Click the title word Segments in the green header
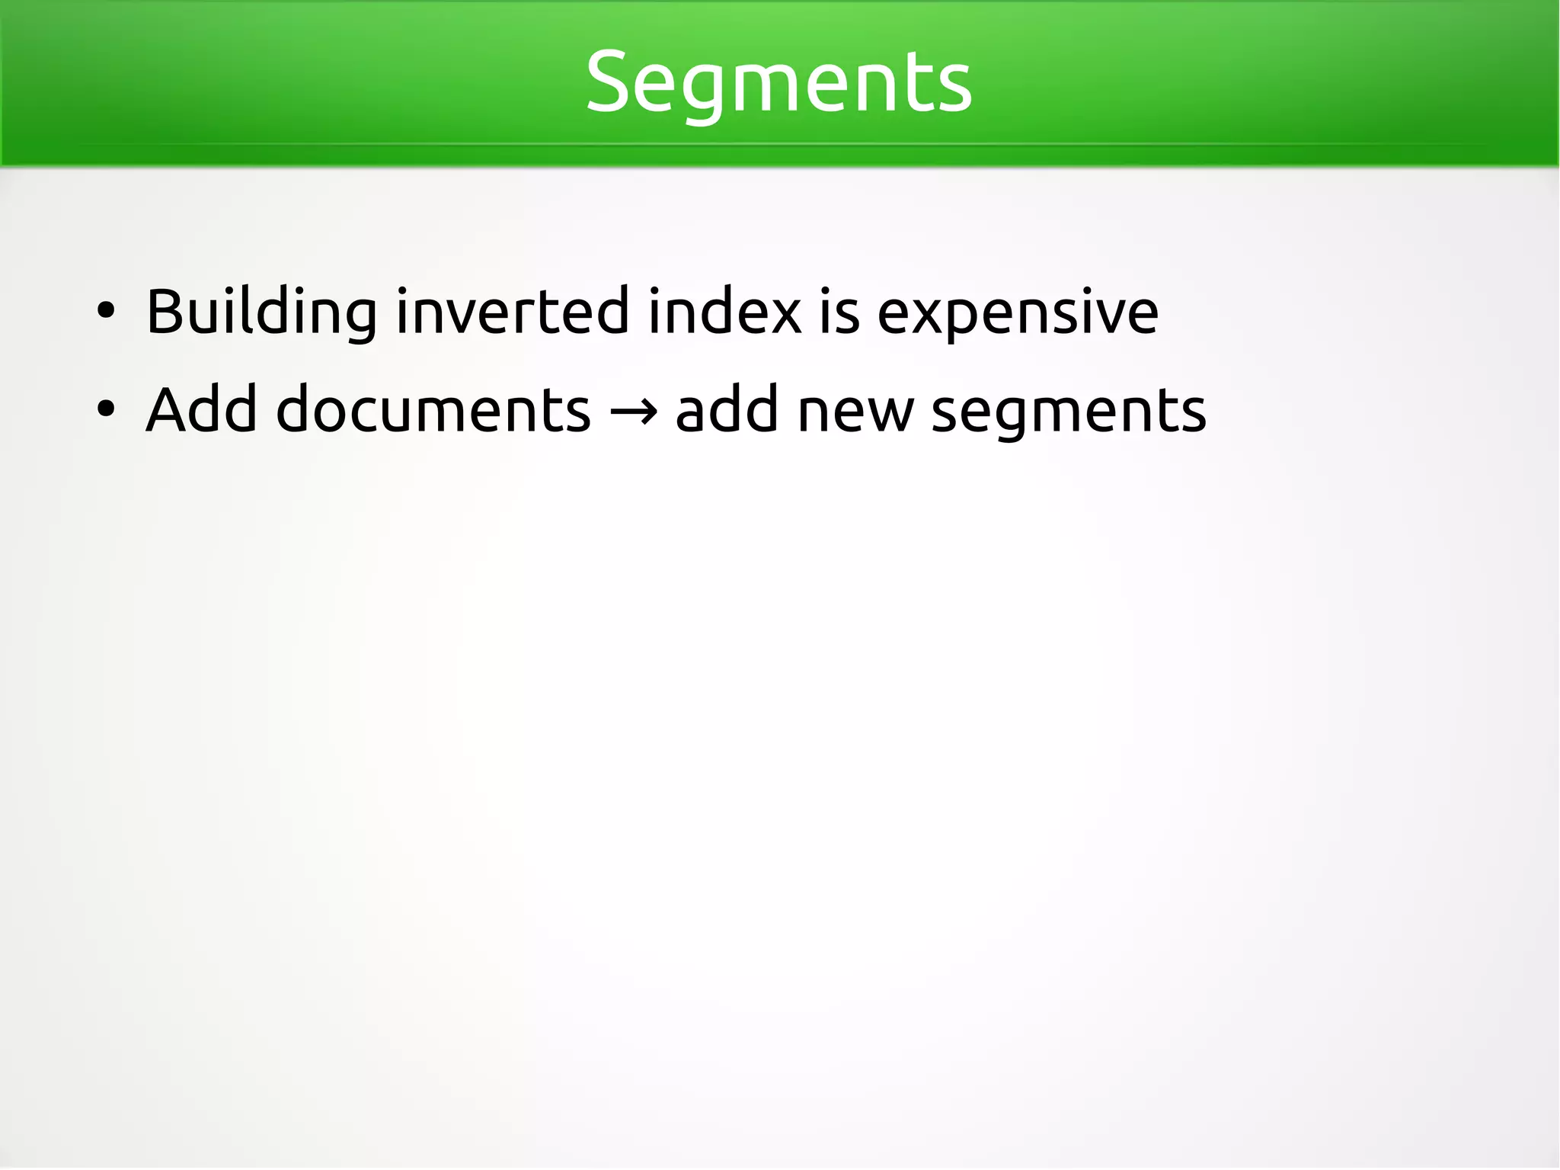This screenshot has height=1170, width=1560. click(x=778, y=82)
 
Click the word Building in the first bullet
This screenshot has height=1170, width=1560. click(x=261, y=313)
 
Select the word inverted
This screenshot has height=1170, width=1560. click(x=513, y=313)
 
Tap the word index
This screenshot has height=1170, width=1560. click(x=724, y=313)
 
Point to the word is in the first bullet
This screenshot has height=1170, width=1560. click(x=839, y=313)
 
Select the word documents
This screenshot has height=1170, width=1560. click(x=433, y=410)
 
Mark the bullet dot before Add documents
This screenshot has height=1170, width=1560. click(x=106, y=409)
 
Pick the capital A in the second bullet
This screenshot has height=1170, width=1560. click(x=168, y=410)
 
